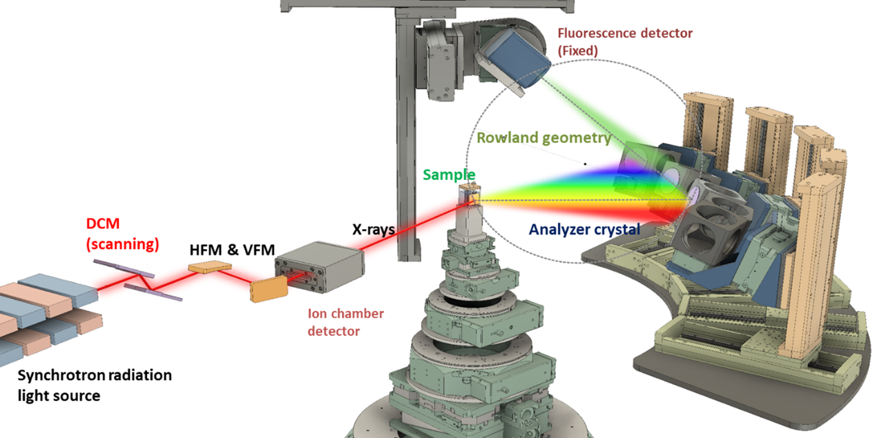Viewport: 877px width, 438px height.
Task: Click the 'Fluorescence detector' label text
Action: click(x=625, y=34)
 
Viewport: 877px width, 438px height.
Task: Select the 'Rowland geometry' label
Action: click(x=544, y=138)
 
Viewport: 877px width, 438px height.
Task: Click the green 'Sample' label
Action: click(x=449, y=175)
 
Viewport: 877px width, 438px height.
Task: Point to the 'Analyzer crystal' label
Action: click(x=584, y=230)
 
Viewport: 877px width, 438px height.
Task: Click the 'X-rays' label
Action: click(x=374, y=230)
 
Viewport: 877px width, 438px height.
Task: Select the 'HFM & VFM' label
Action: click(x=232, y=250)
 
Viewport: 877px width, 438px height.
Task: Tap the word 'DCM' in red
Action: click(x=103, y=223)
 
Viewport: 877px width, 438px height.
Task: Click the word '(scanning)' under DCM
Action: click(x=122, y=244)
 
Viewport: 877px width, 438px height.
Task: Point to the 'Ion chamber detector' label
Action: click(x=346, y=322)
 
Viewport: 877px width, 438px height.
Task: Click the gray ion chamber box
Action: click(x=320, y=267)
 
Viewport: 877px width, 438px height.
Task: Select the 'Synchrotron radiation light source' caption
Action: click(x=95, y=385)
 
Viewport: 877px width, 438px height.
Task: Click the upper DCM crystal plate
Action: click(x=124, y=268)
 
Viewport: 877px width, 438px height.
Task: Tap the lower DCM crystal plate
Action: click(x=153, y=292)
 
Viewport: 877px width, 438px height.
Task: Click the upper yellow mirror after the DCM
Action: click(x=210, y=267)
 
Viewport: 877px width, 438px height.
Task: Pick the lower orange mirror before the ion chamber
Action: click(x=269, y=289)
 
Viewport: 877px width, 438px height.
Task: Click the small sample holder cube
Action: click(x=469, y=195)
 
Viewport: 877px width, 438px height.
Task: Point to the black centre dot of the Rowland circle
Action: click(x=586, y=164)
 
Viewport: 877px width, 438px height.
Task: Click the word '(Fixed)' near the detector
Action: click(x=578, y=51)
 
